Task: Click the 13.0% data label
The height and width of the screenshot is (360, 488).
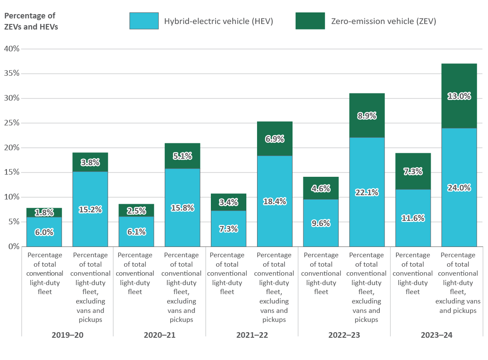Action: [x=459, y=96]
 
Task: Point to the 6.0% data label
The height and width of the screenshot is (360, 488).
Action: [x=44, y=232]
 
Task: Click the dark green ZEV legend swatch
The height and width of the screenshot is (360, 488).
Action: [x=310, y=21]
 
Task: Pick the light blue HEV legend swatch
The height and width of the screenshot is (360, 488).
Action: [x=144, y=21]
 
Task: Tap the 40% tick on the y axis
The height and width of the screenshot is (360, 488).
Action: [x=12, y=49]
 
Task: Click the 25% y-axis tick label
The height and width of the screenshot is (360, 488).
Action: [x=12, y=123]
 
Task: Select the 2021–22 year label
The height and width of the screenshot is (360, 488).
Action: [x=252, y=335]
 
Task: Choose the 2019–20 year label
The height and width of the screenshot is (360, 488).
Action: [x=67, y=335]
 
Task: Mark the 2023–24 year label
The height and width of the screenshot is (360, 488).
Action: [x=437, y=335]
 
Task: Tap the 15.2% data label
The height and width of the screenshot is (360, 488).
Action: [x=90, y=210]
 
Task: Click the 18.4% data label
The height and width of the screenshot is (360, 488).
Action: [x=275, y=201]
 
